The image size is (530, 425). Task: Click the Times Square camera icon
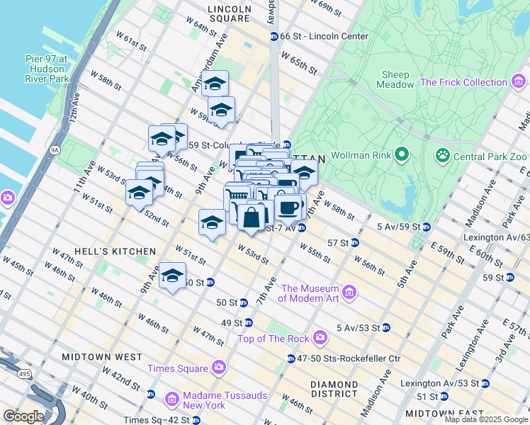[x=218, y=368]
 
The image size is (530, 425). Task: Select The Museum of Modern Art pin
[x=349, y=292]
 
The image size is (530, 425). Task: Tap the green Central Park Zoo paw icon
[x=443, y=154]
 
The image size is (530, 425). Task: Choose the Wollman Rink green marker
[x=402, y=154]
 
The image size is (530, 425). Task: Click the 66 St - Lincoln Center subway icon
[x=274, y=36]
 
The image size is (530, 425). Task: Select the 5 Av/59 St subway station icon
[x=427, y=227]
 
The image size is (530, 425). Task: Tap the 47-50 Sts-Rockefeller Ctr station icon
[x=291, y=358]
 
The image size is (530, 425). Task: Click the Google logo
[x=24, y=416]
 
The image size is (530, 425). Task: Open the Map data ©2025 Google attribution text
[x=486, y=419]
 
